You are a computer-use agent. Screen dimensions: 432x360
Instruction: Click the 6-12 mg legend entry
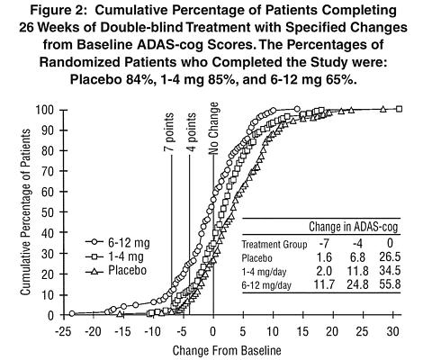[x=118, y=242]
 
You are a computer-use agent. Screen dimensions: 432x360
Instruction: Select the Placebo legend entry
[x=116, y=271]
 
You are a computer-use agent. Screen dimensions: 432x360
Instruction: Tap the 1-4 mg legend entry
[x=114, y=256]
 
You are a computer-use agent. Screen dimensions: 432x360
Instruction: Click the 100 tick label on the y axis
[x=45, y=110]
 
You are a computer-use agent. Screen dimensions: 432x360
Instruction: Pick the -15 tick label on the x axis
[x=122, y=332]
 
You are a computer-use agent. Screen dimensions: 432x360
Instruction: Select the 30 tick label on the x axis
[x=393, y=332]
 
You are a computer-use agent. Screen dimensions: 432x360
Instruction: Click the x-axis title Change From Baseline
[x=227, y=351]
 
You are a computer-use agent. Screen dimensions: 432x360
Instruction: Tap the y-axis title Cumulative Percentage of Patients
[x=25, y=212]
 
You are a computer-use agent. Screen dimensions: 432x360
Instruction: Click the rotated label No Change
[x=213, y=129]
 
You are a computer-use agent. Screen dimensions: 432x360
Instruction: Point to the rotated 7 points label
[x=169, y=132]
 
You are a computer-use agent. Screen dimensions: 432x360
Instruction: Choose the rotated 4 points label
[x=191, y=132]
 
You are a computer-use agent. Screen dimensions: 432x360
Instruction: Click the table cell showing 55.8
[x=390, y=284]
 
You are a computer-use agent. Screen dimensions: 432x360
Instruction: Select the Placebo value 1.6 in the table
[x=324, y=257]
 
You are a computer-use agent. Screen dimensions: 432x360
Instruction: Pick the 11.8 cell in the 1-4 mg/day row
[x=357, y=271]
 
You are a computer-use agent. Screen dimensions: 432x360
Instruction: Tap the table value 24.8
[x=357, y=284]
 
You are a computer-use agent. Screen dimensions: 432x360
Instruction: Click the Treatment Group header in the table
[x=274, y=245]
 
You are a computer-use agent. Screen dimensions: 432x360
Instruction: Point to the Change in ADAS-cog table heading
[x=354, y=227]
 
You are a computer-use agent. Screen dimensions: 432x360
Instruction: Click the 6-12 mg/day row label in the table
[x=266, y=285]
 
